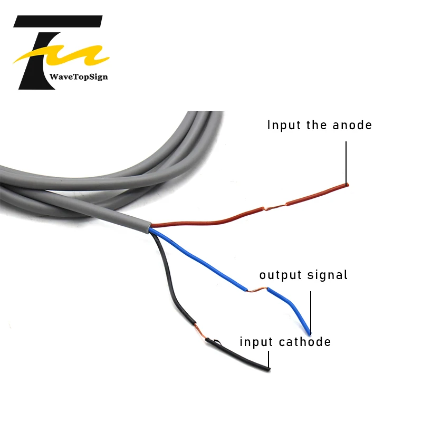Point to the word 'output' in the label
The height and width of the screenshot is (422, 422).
click(280, 275)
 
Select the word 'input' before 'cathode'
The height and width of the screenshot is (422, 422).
click(256, 342)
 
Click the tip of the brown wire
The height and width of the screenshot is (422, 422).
click(347, 184)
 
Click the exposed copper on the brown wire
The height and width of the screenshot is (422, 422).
click(275, 206)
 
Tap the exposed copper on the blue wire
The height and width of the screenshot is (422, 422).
click(257, 290)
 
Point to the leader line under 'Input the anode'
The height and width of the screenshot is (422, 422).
click(347, 161)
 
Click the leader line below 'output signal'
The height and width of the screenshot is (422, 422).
click(311, 311)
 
